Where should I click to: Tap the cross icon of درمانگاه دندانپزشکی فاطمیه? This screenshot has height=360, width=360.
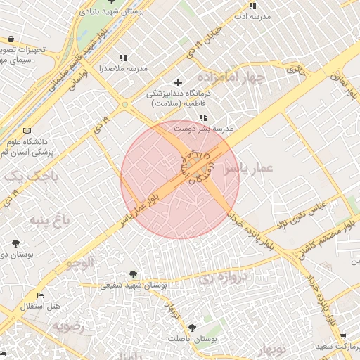tap(178, 83)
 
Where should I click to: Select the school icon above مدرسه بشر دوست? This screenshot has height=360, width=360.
tap(203, 118)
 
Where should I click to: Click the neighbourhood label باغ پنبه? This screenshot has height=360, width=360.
tap(50, 221)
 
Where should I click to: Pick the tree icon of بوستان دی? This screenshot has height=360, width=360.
tap(15, 243)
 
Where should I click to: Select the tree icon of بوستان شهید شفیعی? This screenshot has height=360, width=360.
tap(134, 274)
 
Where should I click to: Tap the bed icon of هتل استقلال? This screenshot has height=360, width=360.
tap(40, 296)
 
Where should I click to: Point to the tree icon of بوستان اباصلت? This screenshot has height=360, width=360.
tap(192, 328)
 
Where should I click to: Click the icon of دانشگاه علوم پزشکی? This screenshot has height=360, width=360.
tap(27, 131)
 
